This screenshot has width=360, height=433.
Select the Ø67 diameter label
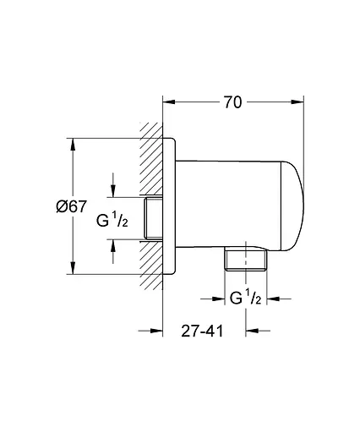coord(74,206)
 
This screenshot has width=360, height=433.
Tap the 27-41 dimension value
coord(204,332)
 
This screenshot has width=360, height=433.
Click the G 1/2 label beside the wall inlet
coord(112,222)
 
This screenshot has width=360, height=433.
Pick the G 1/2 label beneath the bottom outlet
coord(245,297)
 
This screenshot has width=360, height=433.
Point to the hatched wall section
coord(151,169)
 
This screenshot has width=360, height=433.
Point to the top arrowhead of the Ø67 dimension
coord(74,140)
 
